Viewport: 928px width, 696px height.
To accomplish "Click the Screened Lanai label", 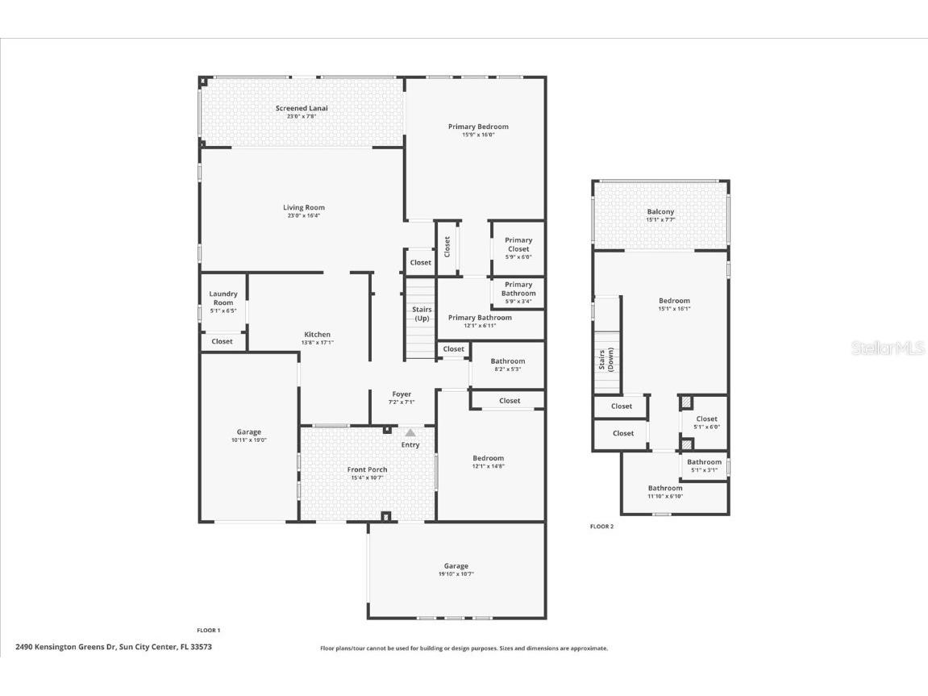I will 302,108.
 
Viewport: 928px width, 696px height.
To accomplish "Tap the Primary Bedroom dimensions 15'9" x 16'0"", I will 478,135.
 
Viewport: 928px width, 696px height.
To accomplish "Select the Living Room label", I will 303,207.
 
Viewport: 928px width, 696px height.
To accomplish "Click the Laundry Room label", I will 223,298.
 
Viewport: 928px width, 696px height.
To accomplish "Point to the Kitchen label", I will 317,334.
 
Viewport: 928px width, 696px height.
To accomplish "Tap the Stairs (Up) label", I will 422,314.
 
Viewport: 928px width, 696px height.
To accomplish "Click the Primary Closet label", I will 518,244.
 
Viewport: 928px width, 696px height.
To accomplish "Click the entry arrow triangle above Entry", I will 410,433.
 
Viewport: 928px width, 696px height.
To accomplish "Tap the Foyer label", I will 402,394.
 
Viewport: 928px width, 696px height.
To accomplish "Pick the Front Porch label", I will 367,469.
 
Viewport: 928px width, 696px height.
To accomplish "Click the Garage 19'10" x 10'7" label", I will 456,566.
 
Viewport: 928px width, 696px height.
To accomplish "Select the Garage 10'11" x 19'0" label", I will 248,432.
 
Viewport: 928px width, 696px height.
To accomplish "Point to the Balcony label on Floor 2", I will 660,211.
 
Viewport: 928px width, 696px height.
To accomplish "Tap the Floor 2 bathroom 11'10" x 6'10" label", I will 665,488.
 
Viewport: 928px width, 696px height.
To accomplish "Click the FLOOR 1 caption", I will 208,630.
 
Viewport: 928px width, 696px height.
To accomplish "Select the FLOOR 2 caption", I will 601,527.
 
